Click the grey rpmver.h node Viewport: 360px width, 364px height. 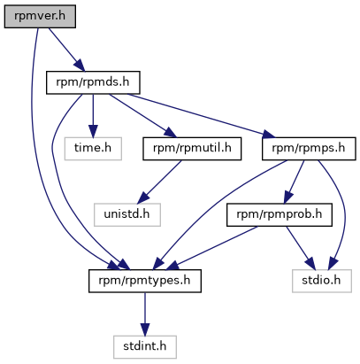(40, 17)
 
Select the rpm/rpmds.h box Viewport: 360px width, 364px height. (93, 82)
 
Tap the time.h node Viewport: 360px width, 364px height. (93, 149)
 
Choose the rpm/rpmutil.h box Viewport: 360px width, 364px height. (192, 149)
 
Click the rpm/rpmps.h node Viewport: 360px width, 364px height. (309, 149)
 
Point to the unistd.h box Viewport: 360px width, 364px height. (127, 215)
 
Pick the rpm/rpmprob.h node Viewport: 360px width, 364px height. (280, 215)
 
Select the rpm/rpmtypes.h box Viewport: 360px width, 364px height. (145, 281)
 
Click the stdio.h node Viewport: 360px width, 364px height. (322, 281)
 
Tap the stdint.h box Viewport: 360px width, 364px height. (145, 347)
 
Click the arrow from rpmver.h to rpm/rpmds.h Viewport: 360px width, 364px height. (66, 50)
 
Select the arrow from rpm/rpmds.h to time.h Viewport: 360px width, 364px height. (93, 116)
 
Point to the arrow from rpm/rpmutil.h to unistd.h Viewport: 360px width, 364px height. (160, 182)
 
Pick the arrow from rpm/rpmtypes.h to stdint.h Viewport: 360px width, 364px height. (145, 314)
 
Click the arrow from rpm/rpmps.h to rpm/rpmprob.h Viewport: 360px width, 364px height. (294, 182)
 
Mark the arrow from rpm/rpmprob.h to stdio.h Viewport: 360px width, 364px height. (301, 248)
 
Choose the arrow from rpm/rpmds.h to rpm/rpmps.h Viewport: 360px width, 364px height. (202, 116)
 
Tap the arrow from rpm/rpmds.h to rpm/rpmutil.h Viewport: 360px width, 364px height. (142, 116)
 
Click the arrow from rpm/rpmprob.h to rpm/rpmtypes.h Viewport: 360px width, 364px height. (211, 248)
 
